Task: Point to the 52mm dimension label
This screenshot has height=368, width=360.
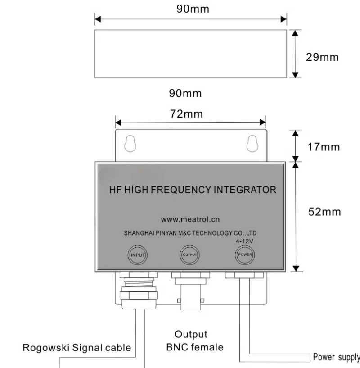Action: tap(326, 212)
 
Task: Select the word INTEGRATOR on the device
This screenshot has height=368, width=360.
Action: tap(245, 190)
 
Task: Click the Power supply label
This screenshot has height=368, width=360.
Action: tap(336, 357)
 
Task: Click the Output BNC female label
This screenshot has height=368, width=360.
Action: tap(192, 341)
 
